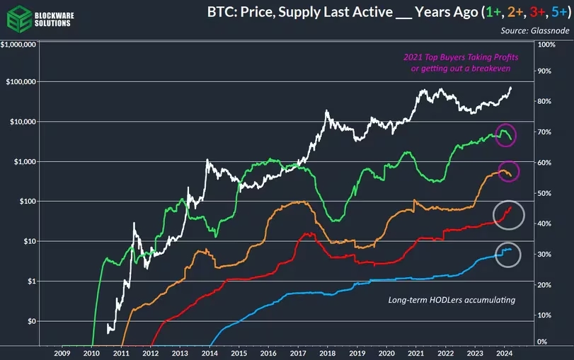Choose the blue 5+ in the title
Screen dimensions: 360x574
click(552, 12)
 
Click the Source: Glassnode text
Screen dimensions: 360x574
click(533, 30)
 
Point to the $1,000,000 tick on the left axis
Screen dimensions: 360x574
click(21, 45)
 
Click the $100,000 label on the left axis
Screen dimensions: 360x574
click(23, 82)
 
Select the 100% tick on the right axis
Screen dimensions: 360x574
click(546, 45)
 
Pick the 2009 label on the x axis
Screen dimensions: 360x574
click(62, 352)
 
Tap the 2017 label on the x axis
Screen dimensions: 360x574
click(297, 352)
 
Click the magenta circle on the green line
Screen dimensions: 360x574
click(505, 134)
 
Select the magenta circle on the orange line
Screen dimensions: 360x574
click(507, 171)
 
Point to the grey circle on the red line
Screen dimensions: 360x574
click(508, 213)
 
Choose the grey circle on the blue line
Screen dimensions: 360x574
click(507, 254)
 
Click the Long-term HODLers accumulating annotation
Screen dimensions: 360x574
click(452, 300)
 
